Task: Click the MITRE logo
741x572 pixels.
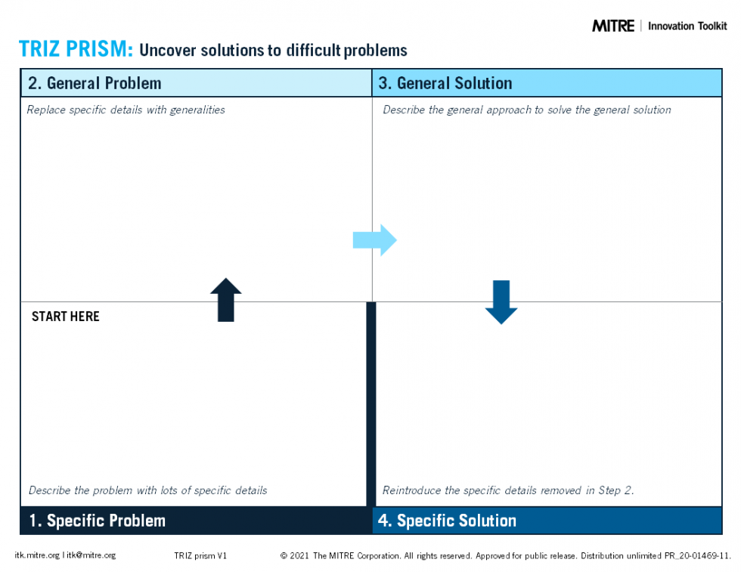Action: [x=612, y=26]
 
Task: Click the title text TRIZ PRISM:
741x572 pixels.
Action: [x=76, y=50]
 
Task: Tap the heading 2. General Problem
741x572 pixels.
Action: [x=95, y=83]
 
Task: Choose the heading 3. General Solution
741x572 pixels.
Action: [x=445, y=83]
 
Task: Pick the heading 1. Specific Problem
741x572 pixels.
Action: [x=97, y=521]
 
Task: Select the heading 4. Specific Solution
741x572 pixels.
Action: [x=447, y=521]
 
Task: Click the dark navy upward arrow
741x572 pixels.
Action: [x=225, y=300]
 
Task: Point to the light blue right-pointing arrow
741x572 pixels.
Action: [x=375, y=240]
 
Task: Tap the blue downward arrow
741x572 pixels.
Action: [x=501, y=301]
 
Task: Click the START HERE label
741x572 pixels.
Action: [x=66, y=317]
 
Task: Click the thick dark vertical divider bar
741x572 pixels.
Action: [x=371, y=403]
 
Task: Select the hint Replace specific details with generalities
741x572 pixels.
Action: [x=126, y=110]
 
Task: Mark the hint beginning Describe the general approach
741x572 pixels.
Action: [x=526, y=110]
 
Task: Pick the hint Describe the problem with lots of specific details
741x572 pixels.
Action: [x=147, y=490]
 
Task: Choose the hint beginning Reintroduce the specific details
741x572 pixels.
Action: [x=508, y=490]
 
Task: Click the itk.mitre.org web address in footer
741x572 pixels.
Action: [x=36, y=555]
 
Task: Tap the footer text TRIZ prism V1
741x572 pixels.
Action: [x=200, y=555]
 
